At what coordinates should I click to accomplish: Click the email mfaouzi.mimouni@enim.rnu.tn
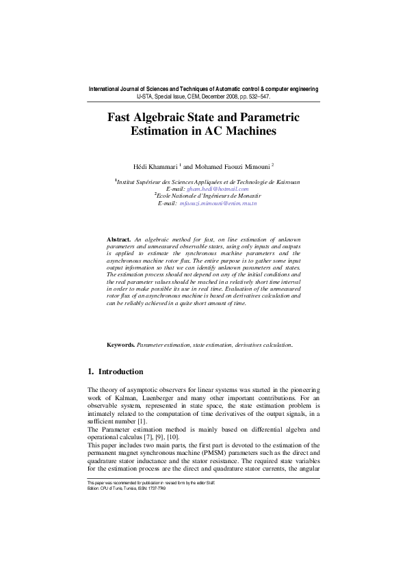pos(218,203)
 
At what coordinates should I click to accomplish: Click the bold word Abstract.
pos(119,239)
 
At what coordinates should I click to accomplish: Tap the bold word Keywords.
pos(120,345)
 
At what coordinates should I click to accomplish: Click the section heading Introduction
pos(121,372)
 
